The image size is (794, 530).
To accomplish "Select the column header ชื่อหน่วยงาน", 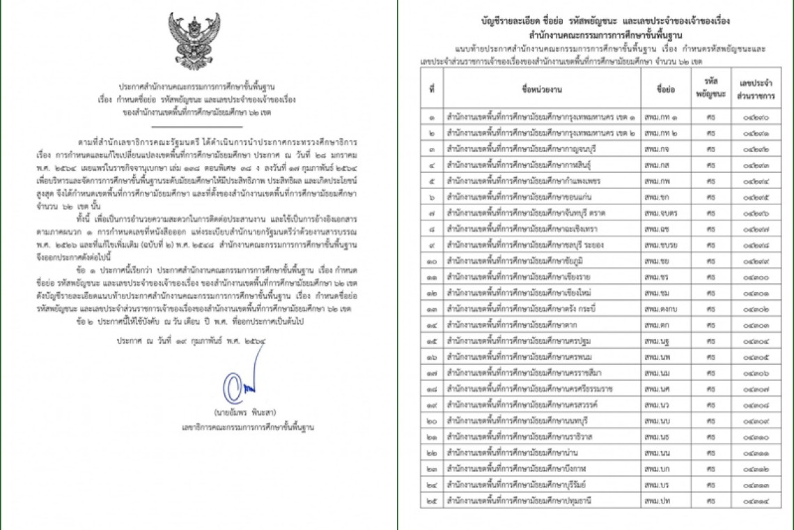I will [x=542, y=91].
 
